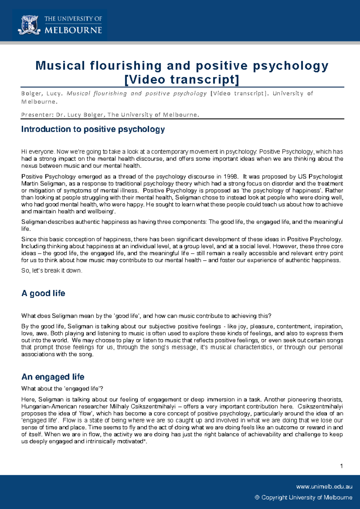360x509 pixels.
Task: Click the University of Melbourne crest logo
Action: click(29, 25)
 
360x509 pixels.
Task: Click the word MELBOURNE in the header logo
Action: click(73, 30)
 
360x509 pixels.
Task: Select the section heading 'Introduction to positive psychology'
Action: click(93, 129)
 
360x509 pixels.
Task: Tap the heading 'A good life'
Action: click(43, 293)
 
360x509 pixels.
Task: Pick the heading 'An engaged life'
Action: click(53, 377)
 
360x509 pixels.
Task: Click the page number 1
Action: click(341, 466)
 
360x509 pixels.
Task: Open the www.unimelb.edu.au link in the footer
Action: click(324, 487)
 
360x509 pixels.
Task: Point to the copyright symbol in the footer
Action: click(257, 497)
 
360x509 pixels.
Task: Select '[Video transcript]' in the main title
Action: click(182, 79)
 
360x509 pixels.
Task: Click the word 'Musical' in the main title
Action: click(60, 66)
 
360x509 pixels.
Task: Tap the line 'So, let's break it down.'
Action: click(52, 270)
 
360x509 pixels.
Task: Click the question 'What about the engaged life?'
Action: click(62, 388)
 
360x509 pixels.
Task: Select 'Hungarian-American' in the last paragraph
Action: click(44, 406)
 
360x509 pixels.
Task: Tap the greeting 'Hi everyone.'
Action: click(38, 152)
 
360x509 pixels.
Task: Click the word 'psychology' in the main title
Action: click(290, 66)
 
